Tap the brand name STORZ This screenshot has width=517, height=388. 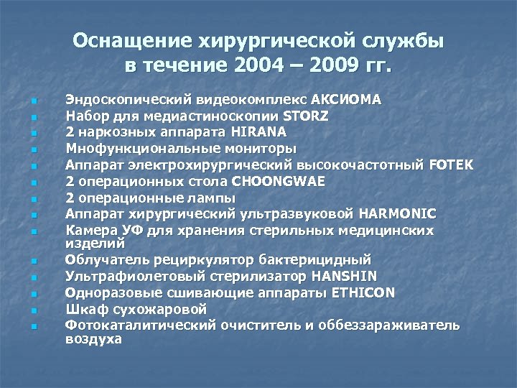point(307,114)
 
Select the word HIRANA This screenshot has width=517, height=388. point(258,131)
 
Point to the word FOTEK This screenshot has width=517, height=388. point(451,164)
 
